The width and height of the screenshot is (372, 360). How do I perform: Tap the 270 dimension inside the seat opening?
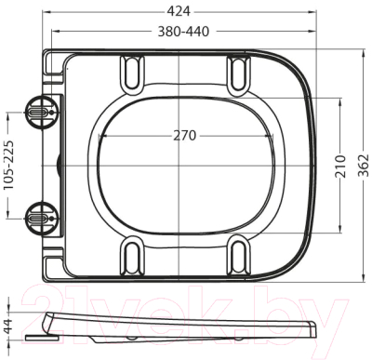tap(184, 135)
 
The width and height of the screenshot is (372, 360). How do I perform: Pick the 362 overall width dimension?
tap(363, 165)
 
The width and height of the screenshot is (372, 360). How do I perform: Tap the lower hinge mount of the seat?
tap(40, 216)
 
